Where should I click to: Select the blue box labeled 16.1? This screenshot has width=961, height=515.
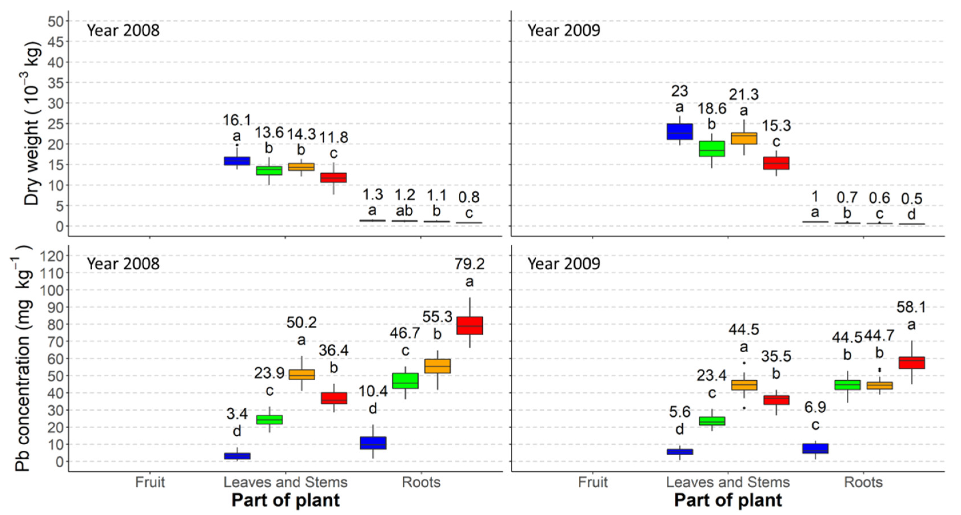click(237, 161)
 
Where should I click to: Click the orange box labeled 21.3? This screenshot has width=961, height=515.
click(744, 138)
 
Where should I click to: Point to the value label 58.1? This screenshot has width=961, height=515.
click(911, 307)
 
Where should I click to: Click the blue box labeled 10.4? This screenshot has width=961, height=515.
click(373, 443)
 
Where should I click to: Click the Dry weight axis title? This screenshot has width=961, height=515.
click(32, 123)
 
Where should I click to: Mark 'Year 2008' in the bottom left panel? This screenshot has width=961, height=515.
click(123, 264)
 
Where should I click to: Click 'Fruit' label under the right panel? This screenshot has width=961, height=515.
click(593, 482)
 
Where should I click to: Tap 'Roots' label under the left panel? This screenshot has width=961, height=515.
click(421, 482)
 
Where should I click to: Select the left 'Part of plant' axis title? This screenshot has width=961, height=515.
click(285, 500)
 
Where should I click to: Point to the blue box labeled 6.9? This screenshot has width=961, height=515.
click(815, 449)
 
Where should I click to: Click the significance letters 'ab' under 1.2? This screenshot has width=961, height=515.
click(404, 211)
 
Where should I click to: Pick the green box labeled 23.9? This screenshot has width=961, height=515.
click(269, 419)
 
